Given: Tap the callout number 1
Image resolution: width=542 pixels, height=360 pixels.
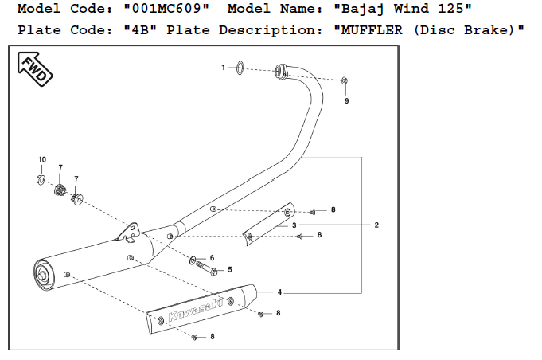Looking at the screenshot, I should click(224, 68).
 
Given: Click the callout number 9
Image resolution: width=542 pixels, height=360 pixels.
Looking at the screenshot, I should click(346, 101).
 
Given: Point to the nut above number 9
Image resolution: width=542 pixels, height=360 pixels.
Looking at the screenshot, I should click(344, 81).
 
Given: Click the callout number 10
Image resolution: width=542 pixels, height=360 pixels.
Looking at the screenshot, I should click(42, 159).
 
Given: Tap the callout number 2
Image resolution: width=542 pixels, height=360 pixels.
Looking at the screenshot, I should click(376, 225).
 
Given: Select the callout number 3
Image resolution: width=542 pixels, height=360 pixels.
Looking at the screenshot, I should click(294, 225).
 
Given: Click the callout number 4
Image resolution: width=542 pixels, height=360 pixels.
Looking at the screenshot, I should click(279, 292).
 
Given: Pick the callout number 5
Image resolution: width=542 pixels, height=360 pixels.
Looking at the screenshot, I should click(230, 270).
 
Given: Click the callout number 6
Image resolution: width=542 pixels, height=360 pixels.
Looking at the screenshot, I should click(213, 258).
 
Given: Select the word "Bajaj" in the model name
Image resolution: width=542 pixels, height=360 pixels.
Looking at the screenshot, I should click(368, 10).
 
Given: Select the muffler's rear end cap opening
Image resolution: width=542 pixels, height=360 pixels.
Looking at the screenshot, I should click(43, 276).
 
